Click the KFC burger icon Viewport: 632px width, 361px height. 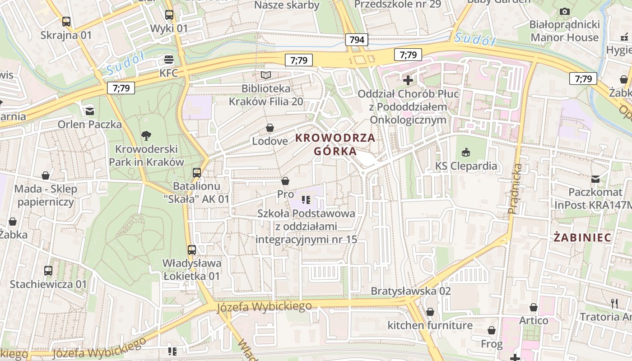(169, 59)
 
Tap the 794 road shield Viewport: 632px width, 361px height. (357, 40)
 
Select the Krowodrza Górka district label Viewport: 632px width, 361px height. (335, 144)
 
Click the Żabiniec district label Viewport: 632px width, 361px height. (582, 238)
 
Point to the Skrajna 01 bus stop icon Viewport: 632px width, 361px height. (66, 21)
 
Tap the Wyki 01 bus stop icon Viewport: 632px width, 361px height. (169, 15)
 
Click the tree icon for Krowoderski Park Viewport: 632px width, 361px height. (146, 135)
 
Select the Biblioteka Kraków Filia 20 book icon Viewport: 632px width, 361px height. (266, 75)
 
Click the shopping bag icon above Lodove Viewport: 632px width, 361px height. (270, 128)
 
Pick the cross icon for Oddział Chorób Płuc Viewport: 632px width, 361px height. (408, 80)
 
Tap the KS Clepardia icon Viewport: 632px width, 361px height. (466, 152)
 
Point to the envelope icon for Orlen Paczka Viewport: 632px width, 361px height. (89, 111)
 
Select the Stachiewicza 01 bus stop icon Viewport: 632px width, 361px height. (48, 271)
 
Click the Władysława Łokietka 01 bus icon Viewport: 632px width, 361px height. (192, 250)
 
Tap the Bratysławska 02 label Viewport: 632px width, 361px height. (410, 291)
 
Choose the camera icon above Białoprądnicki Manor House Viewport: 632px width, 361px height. (564, 11)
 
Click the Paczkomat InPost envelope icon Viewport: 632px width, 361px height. (595, 179)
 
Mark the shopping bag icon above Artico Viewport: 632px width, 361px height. (534, 308)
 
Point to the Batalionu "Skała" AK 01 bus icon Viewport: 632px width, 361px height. (197, 172)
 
